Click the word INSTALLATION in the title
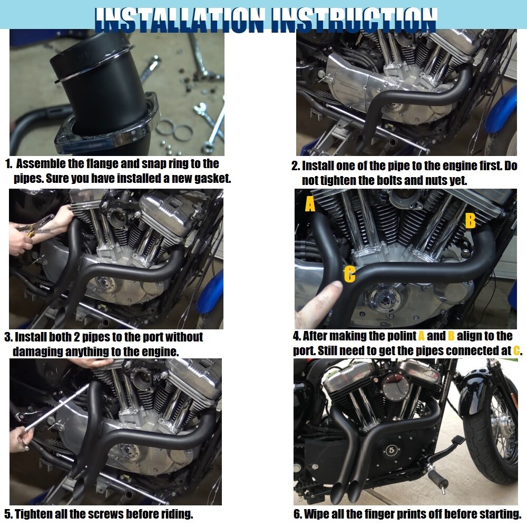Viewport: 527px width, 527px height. [x=179, y=19]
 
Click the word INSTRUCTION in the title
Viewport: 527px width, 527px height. [x=354, y=19]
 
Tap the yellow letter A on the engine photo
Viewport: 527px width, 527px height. [x=310, y=203]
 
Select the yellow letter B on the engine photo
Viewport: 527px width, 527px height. [x=471, y=220]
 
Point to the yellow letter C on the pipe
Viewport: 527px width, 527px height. [x=349, y=274]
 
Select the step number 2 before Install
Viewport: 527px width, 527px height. [x=295, y=166]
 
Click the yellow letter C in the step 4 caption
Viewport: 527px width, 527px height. [x=516, y=350]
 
